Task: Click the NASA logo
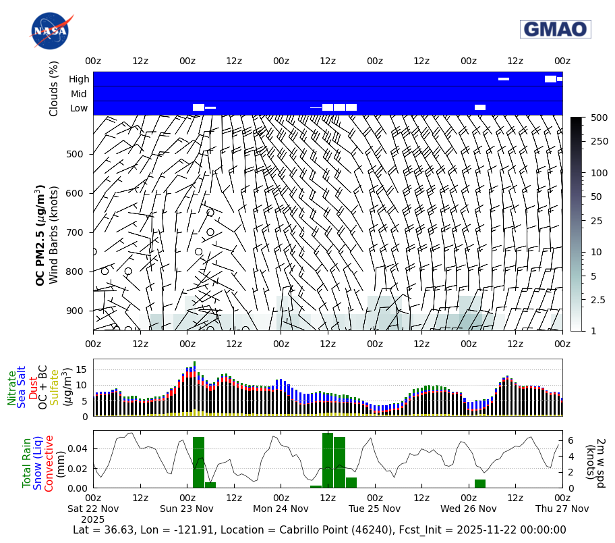point(49,31)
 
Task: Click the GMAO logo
point(555,29)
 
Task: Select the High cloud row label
point(79,79)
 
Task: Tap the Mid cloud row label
point(80,94)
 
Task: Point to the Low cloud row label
point(79,109)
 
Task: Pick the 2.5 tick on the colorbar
point(598,300)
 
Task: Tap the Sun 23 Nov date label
point(187,509)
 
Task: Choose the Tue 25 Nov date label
point(374,509)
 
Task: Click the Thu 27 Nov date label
point(562,509)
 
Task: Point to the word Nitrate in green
point(11,388)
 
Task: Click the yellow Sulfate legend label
point(55,388)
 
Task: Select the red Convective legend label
point(49,463)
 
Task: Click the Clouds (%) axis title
point(54,88)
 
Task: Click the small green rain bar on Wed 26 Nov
point(480,484)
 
